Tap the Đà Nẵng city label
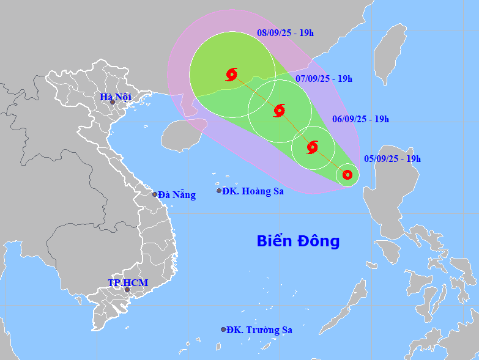[x=177, y=195]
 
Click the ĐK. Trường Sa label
[x=259, y=330]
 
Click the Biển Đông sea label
[x=298, y=241]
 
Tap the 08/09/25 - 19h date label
[x=285, y=33]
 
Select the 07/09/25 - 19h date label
[x=324, y=78]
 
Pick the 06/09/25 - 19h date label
[x=360, y=119]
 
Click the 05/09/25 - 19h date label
[x=392, y=159]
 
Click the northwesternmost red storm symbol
[x=231, y=75]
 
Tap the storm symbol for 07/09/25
[x=279, y=110]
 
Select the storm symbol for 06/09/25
[x=312, y=147]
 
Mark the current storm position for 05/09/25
[x=347, y=175]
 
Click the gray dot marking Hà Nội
[x=113, y=102]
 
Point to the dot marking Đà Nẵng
[x=155, y=194]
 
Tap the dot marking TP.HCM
[x=127, y=290]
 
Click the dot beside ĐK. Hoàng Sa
[x=219, y=191]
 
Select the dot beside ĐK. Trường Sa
[x=223, y=329]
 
